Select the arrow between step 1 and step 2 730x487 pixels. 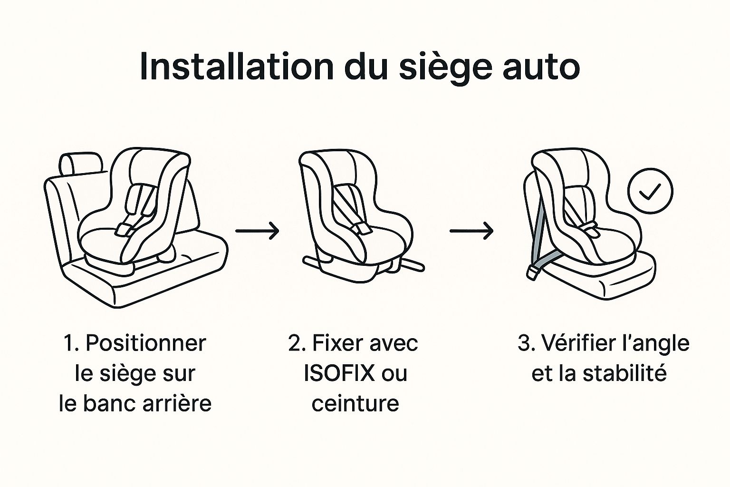[x=257, y=231]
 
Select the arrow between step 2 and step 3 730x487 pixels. [x=471, y=231]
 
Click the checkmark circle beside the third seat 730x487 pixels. [x=650, y=191]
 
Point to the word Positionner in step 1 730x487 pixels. [x=145, y=343]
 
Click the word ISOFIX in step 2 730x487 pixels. [x=339, y=373]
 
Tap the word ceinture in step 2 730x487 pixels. [x=355, y=403]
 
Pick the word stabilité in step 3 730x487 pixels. [x=624, y=373]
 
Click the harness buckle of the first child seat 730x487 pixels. [x=124, y=230]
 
